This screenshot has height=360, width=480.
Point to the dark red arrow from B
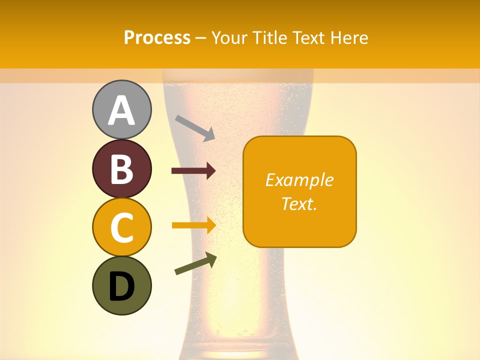point(193,171)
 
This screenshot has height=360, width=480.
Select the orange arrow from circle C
point(193,225)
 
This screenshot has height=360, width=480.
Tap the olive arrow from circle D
point(195,263)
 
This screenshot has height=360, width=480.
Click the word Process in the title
point(157,37)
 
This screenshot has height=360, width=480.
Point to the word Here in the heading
point(349,37)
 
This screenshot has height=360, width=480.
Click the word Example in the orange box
point(299,180)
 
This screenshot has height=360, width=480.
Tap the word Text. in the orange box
point(299,203)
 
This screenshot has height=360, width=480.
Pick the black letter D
point(122,286)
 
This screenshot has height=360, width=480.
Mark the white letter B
point(122,169)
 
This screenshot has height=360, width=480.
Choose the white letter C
point(122,228)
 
